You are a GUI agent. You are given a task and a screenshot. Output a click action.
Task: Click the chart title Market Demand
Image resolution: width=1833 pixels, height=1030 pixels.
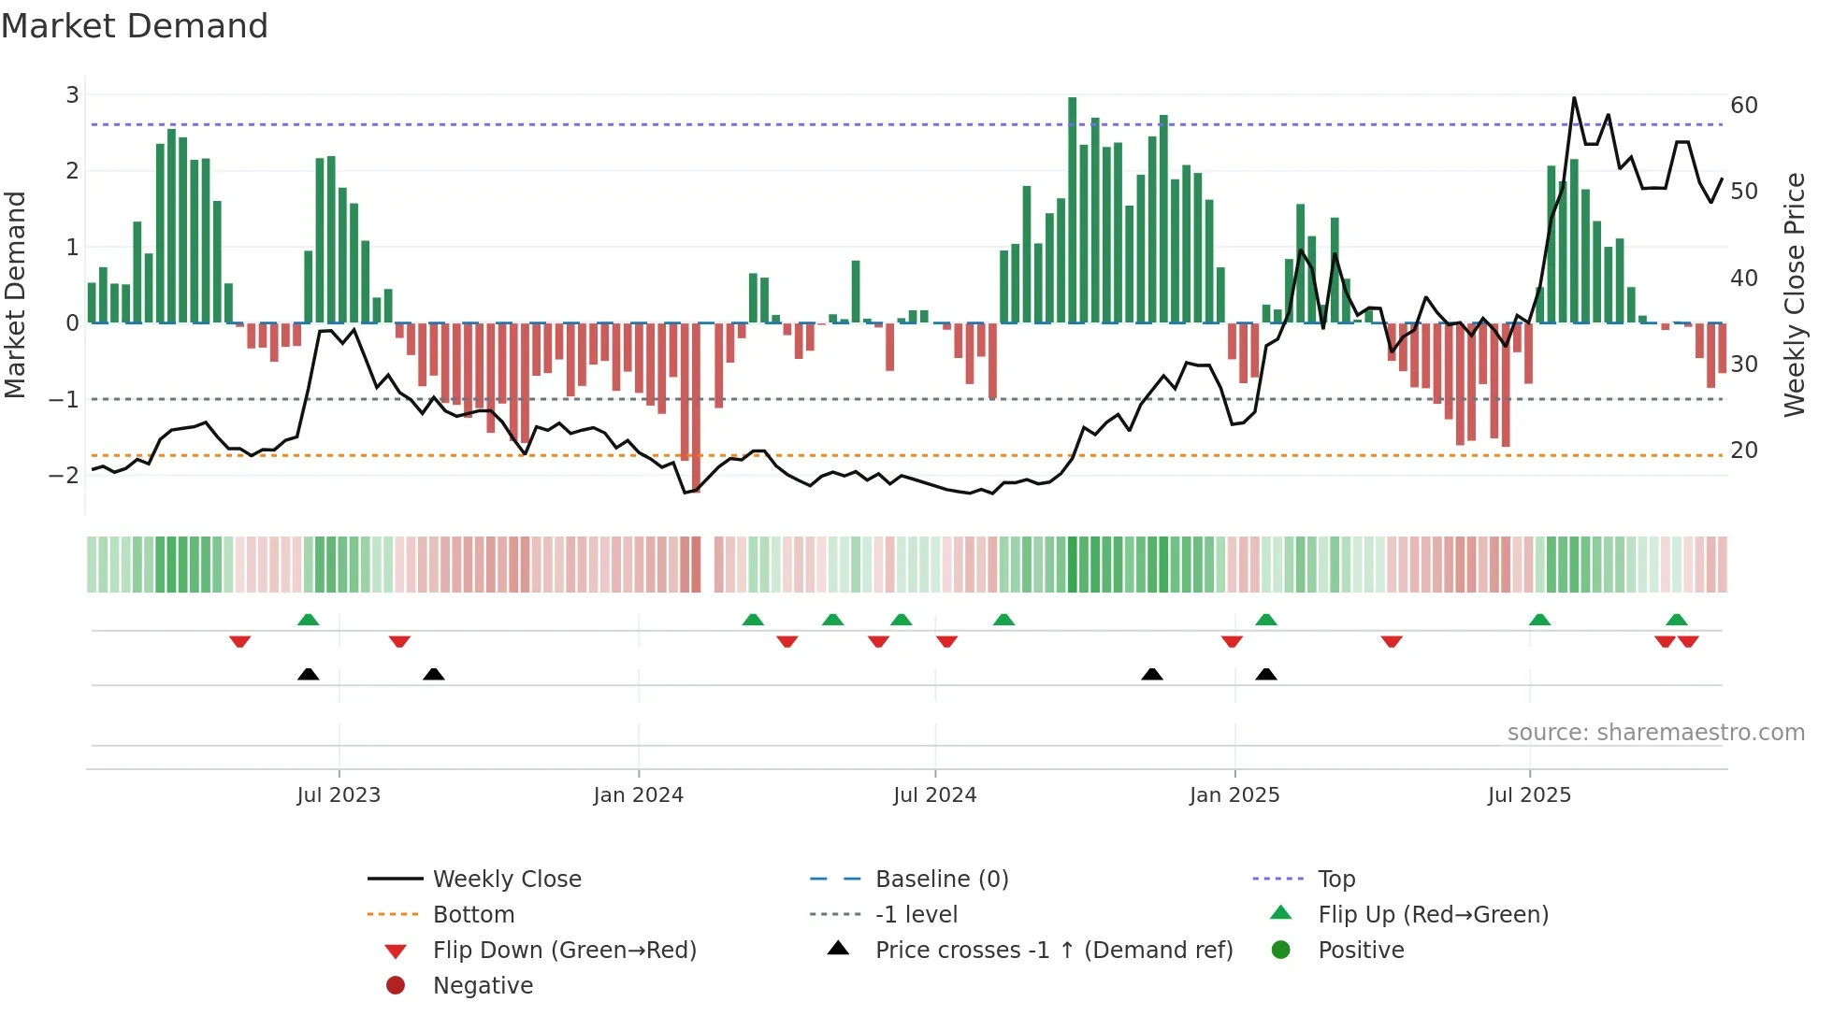pos(135,26)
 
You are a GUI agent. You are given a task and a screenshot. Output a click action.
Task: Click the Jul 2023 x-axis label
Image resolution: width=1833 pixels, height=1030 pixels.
pos(339,795)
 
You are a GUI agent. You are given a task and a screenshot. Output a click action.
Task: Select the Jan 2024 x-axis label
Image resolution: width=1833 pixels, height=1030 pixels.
pos(639,795)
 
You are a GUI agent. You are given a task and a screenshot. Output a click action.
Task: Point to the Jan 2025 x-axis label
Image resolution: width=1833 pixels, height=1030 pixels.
pos(1234,795)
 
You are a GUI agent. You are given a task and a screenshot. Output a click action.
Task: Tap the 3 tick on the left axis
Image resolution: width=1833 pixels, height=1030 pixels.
pos(72,94)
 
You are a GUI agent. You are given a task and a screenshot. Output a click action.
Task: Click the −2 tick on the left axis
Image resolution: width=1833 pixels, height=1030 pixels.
pos(65,475)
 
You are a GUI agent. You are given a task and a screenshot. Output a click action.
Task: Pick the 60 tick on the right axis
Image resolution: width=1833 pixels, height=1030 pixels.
pos(1743,105)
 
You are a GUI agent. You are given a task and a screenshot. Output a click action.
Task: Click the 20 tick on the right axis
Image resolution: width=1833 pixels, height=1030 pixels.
pos(1743,450)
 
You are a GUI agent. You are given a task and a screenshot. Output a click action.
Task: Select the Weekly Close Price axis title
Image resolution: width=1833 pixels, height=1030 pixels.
pos(1794,294)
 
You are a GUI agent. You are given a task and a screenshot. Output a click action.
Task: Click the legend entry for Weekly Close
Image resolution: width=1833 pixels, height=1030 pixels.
pos(506,879)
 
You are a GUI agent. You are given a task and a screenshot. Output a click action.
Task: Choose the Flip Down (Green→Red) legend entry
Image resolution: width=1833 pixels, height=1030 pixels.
pos(564,950)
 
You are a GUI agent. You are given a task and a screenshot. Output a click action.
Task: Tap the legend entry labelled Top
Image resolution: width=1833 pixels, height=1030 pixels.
pos(1335,879)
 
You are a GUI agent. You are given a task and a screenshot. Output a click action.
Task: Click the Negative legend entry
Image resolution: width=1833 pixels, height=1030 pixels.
pos(483,985)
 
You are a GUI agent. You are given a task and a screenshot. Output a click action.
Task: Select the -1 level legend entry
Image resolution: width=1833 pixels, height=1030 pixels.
pos(916,914)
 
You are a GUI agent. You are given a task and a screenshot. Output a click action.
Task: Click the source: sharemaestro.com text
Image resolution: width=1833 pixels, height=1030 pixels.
pos(1655,732)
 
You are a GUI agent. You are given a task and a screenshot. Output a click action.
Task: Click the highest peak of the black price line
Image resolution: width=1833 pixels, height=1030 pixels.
pos(1574,98)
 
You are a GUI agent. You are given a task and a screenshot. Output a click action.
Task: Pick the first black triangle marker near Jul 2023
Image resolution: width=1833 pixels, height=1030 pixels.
pos(308,674)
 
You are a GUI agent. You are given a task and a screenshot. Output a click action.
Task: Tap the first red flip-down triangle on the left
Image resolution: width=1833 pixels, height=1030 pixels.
pos(239,641)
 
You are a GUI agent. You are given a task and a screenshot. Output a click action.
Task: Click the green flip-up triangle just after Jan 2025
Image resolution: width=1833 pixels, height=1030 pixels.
pos(1266,620)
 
